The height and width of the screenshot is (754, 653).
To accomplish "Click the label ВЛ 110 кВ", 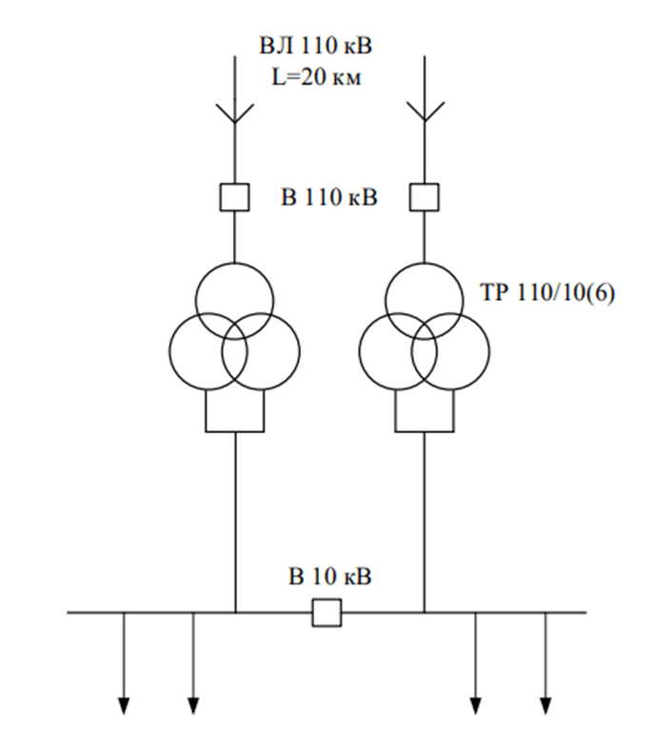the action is click(x=315, y=46).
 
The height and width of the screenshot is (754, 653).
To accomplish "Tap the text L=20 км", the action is click(x=316, y=77).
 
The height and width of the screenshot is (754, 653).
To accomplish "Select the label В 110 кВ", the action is click(x=329, y=197).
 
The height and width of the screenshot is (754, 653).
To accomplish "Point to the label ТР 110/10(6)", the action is click(x=547, y=292).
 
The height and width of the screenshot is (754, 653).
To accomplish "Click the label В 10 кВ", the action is click(x=330, y=576).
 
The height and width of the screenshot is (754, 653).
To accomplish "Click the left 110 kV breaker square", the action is click(x=235, y=197).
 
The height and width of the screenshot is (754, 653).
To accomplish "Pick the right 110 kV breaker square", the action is click(x=425, y=197).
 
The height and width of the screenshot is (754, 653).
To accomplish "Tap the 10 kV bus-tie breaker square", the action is click(x=327, y=613).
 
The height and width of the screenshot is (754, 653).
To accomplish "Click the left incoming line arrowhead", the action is click(x=235, y=113).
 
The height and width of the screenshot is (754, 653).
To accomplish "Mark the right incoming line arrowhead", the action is click(x=425, y=112).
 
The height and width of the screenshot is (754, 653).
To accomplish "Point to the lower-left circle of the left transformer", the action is click(x=169, y=351).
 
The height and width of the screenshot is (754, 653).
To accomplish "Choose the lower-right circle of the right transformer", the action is click(x=489, y=351).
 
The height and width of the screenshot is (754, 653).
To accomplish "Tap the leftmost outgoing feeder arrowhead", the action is click(x=124, y=705).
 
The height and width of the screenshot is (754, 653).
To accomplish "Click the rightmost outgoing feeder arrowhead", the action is click(x=545, y=705).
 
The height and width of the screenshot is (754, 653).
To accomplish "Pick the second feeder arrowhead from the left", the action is click(x=193, y=705).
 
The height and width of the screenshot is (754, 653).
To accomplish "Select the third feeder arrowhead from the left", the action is click(x=476, y=705).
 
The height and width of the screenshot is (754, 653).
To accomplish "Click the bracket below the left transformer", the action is click(x=235, y=431).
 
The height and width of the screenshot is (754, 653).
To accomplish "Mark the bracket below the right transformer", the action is click(x=425, y=431).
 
